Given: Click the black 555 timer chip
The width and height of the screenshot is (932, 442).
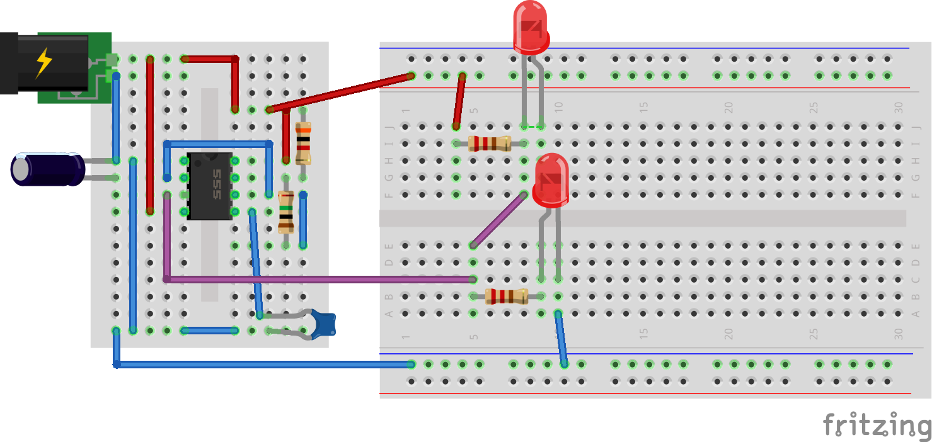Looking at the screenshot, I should click(209, 186).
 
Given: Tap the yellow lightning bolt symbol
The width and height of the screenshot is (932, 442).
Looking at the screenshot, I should click(44, 62).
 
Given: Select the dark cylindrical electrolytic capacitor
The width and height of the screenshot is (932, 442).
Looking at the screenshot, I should click(48, 169).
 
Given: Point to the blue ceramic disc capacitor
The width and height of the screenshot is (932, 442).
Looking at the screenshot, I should click(325, 324).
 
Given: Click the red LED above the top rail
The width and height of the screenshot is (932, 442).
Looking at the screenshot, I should click(531, 28).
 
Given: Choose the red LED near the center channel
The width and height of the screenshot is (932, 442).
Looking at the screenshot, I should click(551, 180).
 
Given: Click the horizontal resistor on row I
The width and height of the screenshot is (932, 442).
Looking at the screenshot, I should click(490, 144).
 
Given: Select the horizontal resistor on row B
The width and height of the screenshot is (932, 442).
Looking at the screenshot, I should click(506, 296).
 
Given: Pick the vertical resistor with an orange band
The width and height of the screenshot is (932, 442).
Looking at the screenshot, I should click(303, 144).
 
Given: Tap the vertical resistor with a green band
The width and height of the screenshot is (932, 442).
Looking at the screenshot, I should click(286, 212).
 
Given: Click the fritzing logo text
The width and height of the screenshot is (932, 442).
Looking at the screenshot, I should click(876, 426).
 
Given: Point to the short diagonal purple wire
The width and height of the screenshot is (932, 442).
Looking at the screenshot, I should click(498, 220).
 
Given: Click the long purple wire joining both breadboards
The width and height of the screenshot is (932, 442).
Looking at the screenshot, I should click(315, 279).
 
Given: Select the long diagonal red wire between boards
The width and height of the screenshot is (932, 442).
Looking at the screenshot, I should click(340, 93).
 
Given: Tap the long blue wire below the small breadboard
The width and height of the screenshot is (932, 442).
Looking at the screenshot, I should click(265, 364).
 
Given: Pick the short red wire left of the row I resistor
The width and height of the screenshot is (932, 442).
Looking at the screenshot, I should click(459, 101).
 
